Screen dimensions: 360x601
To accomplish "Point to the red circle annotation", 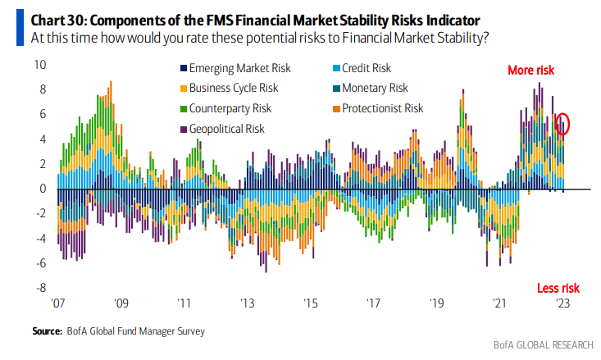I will coord(562,125).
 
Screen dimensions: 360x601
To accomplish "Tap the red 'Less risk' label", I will coord(558,288).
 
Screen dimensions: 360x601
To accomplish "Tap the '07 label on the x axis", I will coord(57,303).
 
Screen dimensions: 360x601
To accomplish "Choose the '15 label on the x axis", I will coord(310,303).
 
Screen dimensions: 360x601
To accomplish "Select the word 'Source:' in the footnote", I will coord(46,331).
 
